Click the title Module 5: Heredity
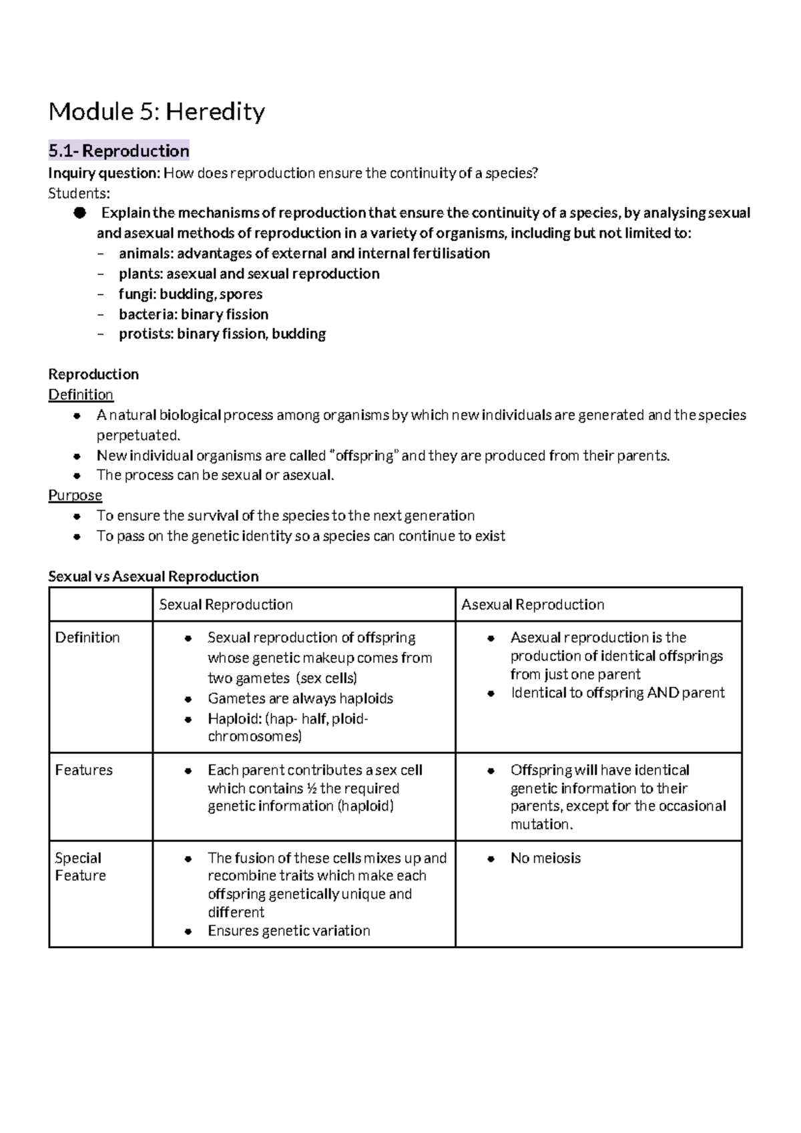(x=157, y=111)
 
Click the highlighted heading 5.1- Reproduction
(x=119, y=151)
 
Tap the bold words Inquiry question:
(x=104, y=174)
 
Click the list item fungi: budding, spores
(x=190, y=294)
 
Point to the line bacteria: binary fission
(x=194, y=314)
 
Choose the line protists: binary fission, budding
(x=222, y=334)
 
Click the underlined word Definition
(x=81, y=395)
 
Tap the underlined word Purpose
(x=75, y=495)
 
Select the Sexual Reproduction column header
(x=226, y=605)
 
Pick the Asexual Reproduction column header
(x=533, y=605)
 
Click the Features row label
(x=83, y=770)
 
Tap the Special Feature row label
(x=79, y=867)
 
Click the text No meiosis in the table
(x=545, y=859)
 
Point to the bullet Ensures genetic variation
(x=288, y=931)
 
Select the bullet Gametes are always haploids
(x=300, y=699)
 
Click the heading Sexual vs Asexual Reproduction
(x=153, y=576)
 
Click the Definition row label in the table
(x=87, y=638)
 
